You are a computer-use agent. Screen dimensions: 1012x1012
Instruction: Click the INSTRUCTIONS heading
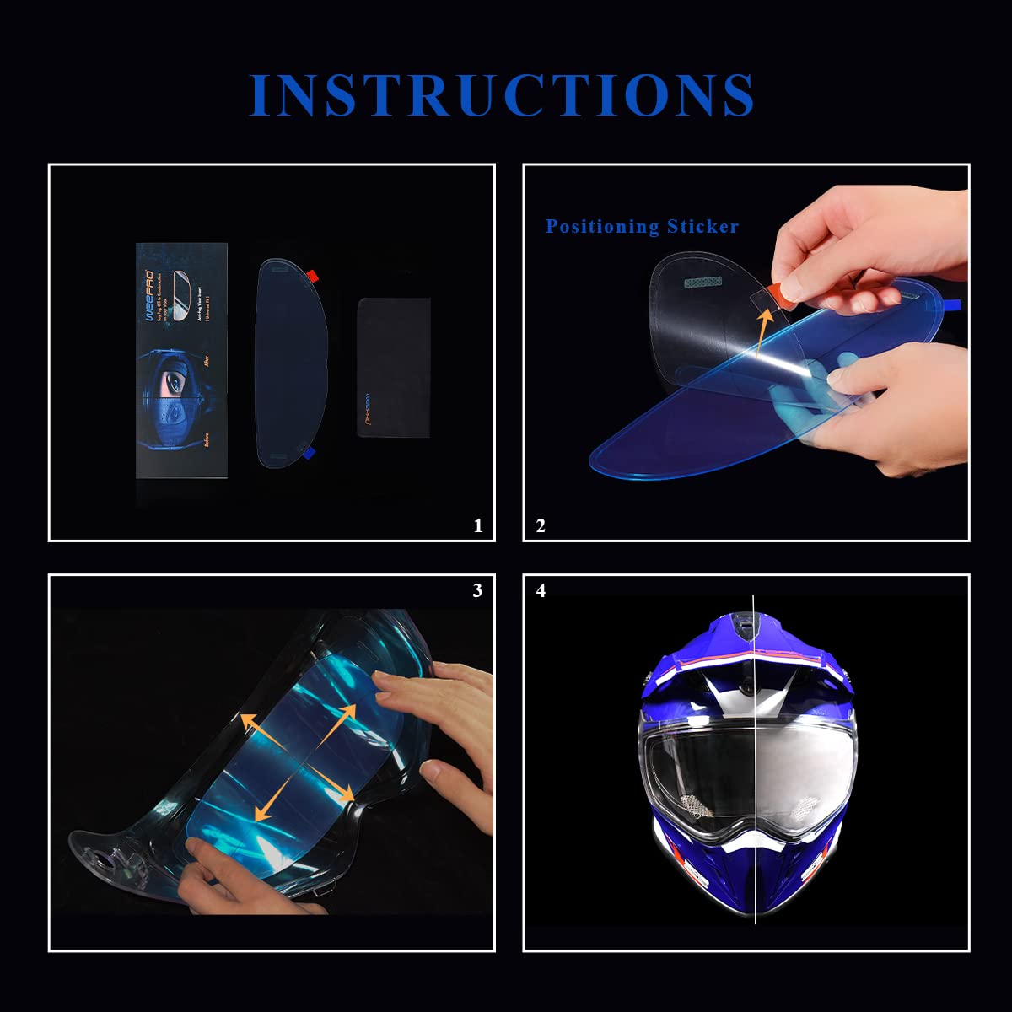point(503,94)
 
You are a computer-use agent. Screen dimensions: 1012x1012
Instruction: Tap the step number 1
point(478,526)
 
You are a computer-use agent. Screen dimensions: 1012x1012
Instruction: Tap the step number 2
point(541,526)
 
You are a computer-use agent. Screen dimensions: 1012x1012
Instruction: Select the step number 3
point(477,590)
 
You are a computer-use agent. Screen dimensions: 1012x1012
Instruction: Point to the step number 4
point(541,590)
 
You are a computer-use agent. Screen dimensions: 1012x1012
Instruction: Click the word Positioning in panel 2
point(602,226)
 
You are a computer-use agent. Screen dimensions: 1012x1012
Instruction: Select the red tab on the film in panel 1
point(312,275)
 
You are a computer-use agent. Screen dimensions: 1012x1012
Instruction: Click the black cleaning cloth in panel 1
point(394,366)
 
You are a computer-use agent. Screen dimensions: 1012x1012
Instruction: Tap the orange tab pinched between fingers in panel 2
point(785,292)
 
